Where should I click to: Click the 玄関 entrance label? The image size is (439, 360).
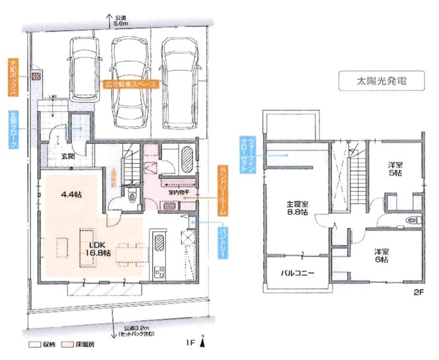pos(69,157)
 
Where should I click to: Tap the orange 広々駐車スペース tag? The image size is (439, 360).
pos(132,85)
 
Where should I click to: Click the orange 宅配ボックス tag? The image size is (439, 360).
pos(14,76)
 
